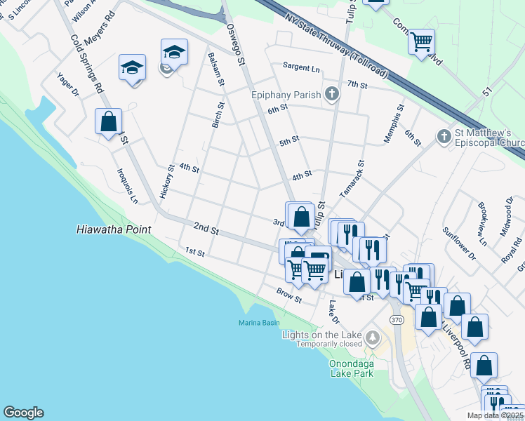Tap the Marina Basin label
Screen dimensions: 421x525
[258, 323]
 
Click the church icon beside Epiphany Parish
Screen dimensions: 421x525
[331, 94]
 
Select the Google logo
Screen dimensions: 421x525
[23, 413]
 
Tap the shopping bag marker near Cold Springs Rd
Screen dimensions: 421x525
[109, 122]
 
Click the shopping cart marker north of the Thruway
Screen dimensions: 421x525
[421, 41]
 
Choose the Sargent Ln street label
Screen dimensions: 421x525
[301, 68]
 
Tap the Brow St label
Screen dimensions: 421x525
[288, 295]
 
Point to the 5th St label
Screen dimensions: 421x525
[289, 142]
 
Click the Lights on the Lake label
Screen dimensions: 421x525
[322, 335]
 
